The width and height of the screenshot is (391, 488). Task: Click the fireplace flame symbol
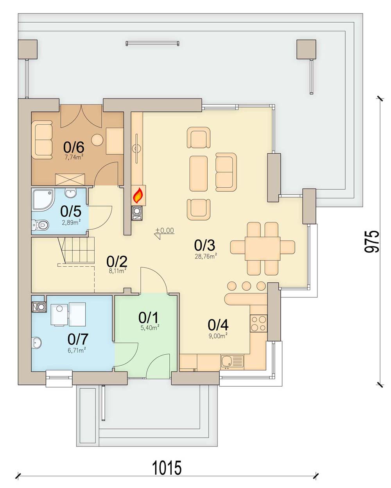[137, 195]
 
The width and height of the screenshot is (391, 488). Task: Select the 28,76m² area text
[206, 257]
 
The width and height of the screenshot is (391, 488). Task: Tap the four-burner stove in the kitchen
[258, 323]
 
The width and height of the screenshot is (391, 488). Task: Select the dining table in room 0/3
[262, 248]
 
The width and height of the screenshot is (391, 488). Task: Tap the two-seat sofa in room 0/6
[42, 140]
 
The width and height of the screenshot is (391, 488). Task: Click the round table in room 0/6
[97, 139]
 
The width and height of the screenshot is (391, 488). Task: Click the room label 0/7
[77, 339]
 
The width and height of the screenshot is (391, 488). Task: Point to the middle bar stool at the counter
[246, 285]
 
